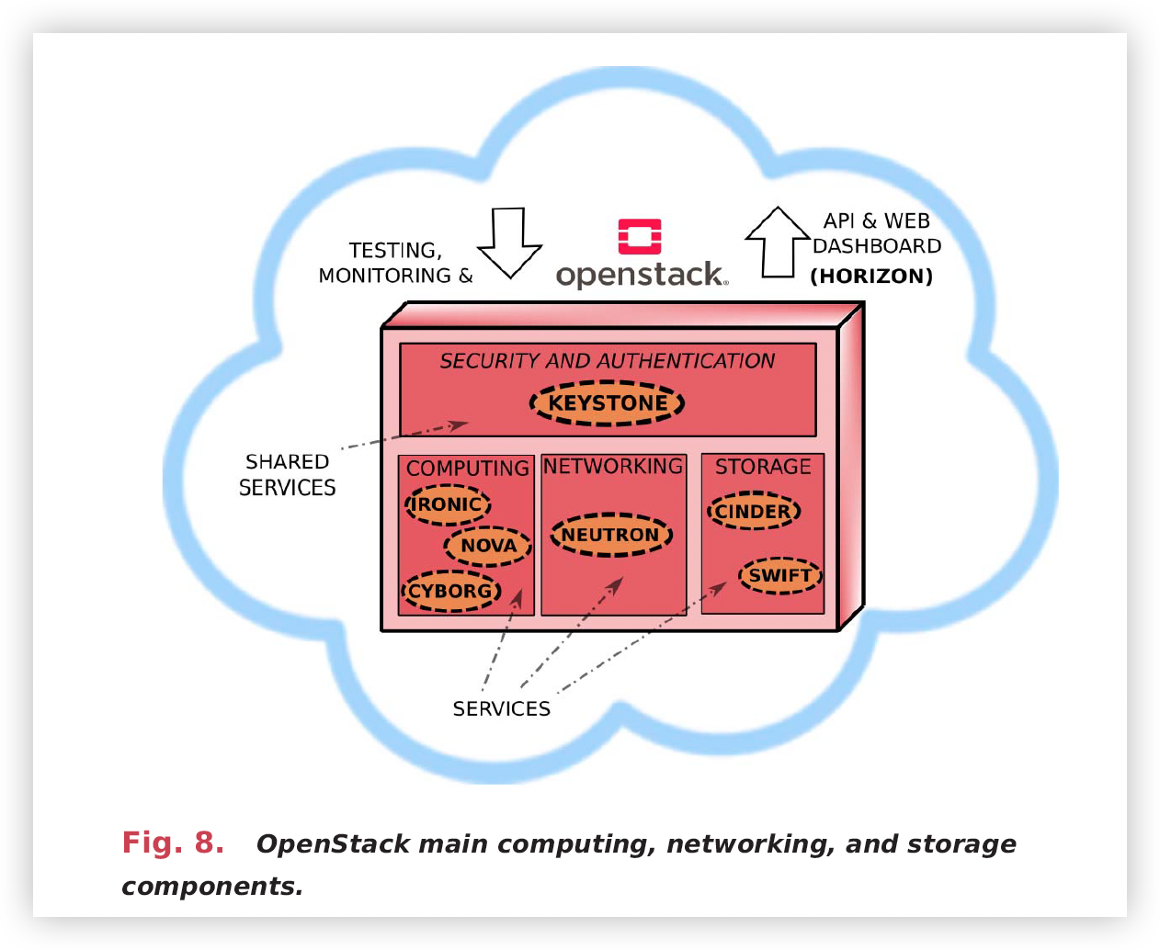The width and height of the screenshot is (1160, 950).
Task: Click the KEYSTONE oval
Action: (x=607, y=403)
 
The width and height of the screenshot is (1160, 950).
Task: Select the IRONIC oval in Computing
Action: (x=448, y=504)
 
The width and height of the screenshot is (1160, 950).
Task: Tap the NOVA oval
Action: (x=488, y=546)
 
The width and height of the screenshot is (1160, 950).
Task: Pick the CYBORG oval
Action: (x=450, y=591)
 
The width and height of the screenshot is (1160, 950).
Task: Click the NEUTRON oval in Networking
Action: (x=610, y=535)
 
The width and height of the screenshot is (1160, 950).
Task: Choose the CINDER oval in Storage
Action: (x=753, y=512)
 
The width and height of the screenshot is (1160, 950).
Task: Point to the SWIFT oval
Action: (x=779, y=576)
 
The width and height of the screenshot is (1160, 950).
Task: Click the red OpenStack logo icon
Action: (x=640, y=236)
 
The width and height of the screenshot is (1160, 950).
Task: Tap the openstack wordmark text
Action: (x=641, y=275)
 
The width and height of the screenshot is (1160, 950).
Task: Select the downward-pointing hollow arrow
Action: (x=509, y=242)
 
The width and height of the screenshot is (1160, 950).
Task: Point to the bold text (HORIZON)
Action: (x=871, y=277)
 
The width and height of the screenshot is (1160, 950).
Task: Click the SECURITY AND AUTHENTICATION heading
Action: (x=607, y=361)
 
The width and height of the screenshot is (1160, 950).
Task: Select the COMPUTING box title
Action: (x=467, y=469)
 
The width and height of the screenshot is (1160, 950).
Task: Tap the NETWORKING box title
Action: (x=613, y=467)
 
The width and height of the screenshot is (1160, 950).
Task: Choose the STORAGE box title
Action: (x=763, y=467)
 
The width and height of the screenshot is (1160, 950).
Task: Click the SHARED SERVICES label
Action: (x=287, y=475)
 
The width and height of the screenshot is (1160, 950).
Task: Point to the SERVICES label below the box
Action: (x=501, y=708)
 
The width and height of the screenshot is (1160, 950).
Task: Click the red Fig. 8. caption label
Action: (x=173, y=843)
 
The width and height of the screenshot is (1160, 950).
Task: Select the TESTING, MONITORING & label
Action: (x=395, y=263)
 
